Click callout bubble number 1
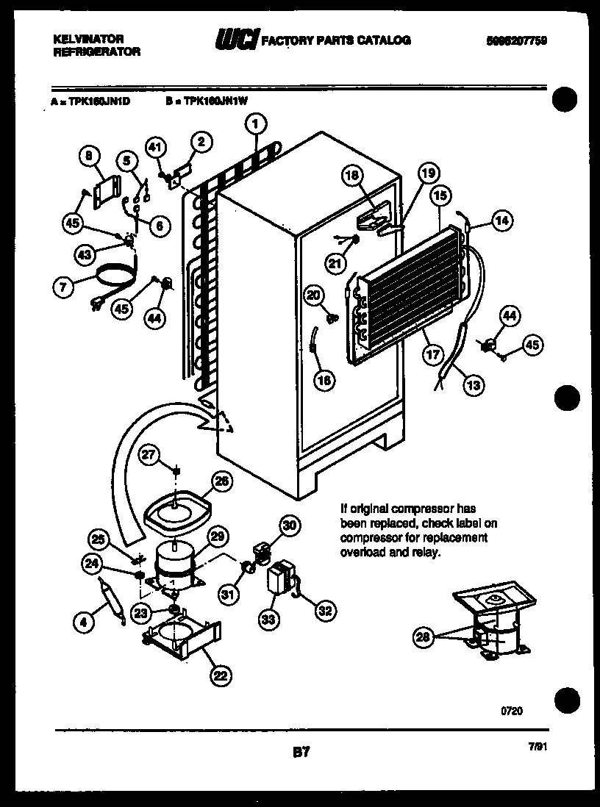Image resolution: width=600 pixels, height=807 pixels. (255, 124)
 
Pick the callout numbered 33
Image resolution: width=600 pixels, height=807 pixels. (269, 620)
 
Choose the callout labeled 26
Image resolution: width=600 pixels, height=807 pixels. (221, 481)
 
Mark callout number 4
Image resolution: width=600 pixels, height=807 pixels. (85, 623)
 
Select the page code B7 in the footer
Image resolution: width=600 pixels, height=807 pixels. (301, 752)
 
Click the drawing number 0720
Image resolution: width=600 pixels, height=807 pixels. (512, 711)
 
